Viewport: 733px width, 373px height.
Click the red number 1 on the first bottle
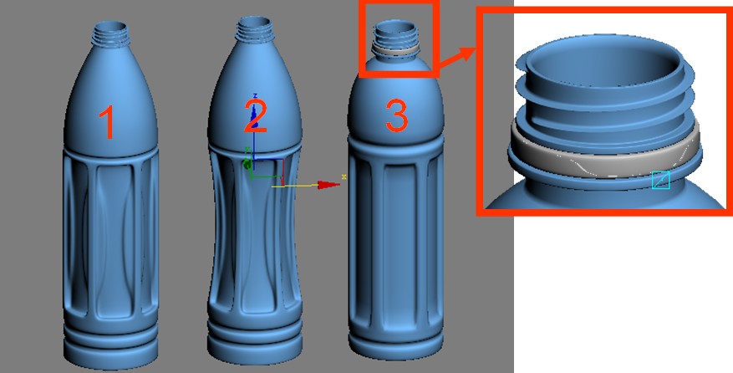click(x=109, y=122)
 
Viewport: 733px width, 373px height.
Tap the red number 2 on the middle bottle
click(x=256, y=115)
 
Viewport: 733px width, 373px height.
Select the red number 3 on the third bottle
click(x=396, y=115)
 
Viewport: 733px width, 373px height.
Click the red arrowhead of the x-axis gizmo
click(x=328, y=185)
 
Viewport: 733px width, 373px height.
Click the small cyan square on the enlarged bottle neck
click(x=661, y=180)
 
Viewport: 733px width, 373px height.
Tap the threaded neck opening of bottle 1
click(x=111, y=33)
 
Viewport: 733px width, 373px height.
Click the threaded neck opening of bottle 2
click(x=255, y=29)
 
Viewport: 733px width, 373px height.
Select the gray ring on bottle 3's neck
click(x=394, y=48)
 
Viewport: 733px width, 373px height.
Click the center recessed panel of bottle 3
click(x=396, y=243)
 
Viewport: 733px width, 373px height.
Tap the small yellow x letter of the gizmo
click(x=344, y=176)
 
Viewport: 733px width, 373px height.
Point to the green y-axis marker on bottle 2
click(x=247, y=162)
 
